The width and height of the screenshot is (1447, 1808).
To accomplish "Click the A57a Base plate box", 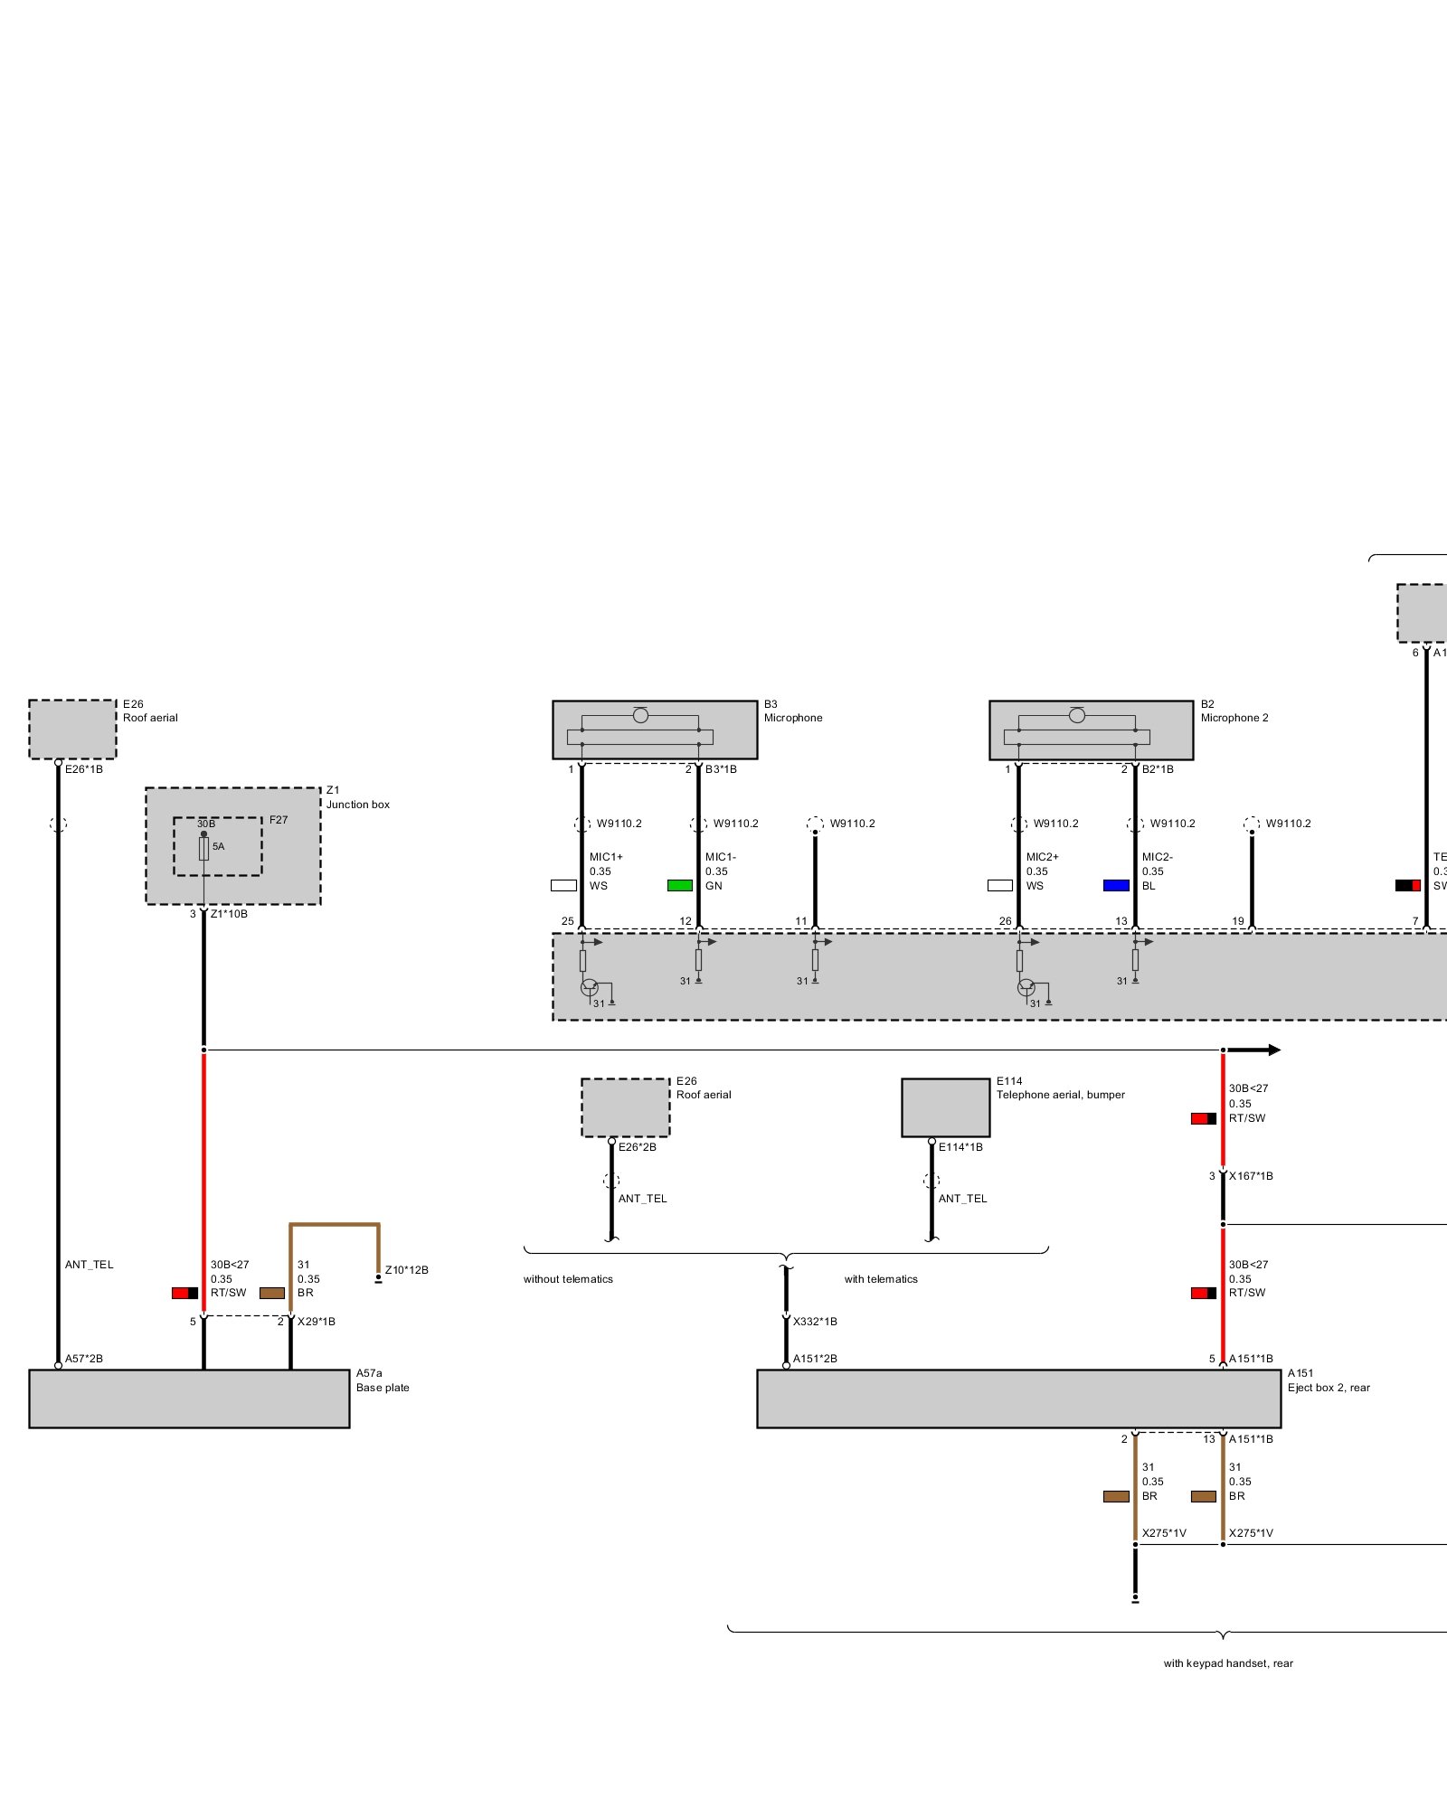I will tap(189, 1398).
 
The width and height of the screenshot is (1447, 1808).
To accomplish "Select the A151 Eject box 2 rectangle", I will tap(1018, 1398).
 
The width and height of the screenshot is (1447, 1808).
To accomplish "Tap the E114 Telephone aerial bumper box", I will tap(945, 1107).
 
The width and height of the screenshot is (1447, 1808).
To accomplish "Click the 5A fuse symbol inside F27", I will tap(204, 848).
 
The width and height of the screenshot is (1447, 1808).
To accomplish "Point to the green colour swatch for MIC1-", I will tap(680, 886).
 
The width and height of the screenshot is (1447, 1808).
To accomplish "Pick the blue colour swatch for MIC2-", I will tap(1116, 886).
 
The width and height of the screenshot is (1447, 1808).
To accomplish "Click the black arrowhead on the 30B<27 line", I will tap(1272, 1050).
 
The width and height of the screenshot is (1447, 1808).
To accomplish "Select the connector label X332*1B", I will tap(815, 1322).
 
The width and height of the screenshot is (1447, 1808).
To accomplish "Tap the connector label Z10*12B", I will tap(407, 1270).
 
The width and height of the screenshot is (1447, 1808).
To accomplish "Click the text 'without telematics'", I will tap(568, 1279).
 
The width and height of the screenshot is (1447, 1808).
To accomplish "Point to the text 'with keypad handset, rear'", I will tap(1228, 1663).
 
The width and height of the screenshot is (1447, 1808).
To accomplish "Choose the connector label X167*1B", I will tap(1251, 1176).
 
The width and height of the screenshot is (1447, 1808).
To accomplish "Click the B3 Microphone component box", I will tap(655, 730).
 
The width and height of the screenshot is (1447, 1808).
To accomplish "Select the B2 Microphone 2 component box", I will tap(1091, 730).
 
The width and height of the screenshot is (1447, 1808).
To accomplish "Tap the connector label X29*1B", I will tap(317, 1322).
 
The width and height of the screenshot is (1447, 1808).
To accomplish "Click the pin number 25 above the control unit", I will tap(568, 921).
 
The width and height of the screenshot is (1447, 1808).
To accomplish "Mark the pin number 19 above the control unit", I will tap(1238, 921).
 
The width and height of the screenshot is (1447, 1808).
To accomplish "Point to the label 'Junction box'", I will tap(358, 805).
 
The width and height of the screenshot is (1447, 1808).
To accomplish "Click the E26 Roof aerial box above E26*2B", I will tap(625, 1107).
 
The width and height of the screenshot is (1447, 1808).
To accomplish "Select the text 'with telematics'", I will tap(881, 1279).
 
